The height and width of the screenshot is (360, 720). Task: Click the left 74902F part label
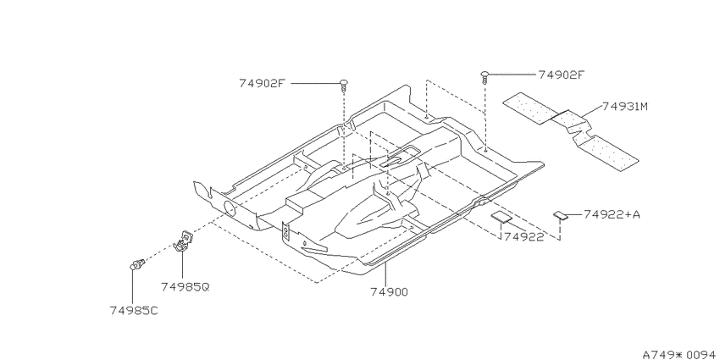click(x=263, y=84)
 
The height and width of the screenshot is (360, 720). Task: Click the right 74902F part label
click(x=562, y=75)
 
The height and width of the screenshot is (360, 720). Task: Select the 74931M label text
click(x=625, y=107)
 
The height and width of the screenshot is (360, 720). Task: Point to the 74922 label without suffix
click(x=523, y=237)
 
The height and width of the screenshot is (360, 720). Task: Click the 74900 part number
click(x=389, y=291)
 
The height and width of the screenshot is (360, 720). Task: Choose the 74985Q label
click(x=185, y=287)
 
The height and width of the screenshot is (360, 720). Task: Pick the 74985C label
click(x=134, y=310)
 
